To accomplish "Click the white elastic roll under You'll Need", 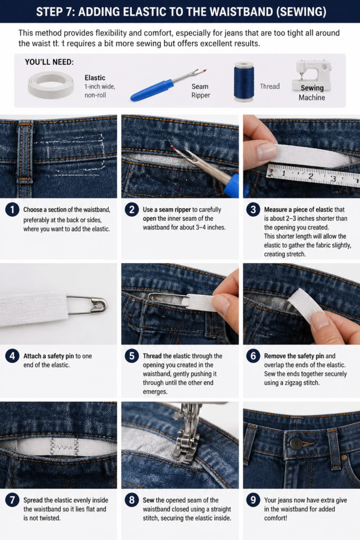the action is click(51, 85).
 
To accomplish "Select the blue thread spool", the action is click(244, 82).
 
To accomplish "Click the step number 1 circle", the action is click(13, 210).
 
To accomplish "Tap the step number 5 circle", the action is click(132, 356).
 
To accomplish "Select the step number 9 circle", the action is click(254, 500).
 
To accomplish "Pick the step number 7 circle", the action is click(13, 500).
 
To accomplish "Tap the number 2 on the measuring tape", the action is click(310, 176).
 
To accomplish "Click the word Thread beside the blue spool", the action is click(269, 86).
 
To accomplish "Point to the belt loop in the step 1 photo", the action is click(25, 150).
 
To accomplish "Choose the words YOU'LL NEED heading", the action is click(49, 62).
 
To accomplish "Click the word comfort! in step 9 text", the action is click(275, 518).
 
